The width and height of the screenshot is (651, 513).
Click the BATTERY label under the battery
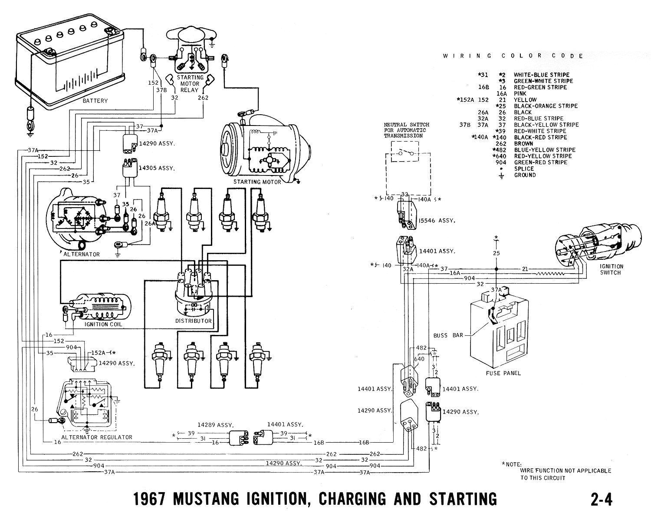click(x=95, y=101)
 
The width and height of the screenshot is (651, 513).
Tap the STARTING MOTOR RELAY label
click(x=190, y=84)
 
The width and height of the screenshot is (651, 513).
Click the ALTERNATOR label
click(x=82, y=254)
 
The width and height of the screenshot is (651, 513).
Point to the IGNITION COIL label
click(x=103, y=324)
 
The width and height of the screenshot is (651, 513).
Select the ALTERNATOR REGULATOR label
click(x=97, y=437)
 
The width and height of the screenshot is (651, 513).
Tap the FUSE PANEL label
click(x=503, y=373)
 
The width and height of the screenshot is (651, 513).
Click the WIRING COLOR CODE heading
click(x=513, y=56)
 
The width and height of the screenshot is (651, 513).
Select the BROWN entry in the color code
click(x=523, y=143)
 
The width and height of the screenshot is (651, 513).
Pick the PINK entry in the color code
click(x=520, y=93)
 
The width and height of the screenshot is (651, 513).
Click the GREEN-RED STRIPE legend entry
click(x=540, y=162)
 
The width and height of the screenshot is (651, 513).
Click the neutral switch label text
click(x=405, y=130)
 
